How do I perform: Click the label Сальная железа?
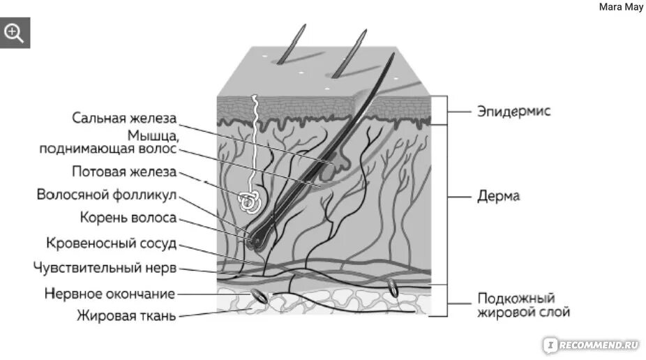(124, 117)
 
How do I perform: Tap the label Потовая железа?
(124, 172)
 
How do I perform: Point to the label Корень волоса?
(128, 218)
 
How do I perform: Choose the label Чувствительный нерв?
(105, 268)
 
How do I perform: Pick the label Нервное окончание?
(110, 294)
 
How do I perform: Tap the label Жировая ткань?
(126, 315)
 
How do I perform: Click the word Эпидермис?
(514, 111)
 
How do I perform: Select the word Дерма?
(498, 197)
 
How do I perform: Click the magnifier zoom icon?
(15, 32)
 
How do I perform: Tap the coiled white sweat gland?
(249, 201)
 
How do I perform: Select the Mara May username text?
(621, 8)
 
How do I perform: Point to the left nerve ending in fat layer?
(258, 296)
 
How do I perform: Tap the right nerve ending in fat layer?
(393, 287)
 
